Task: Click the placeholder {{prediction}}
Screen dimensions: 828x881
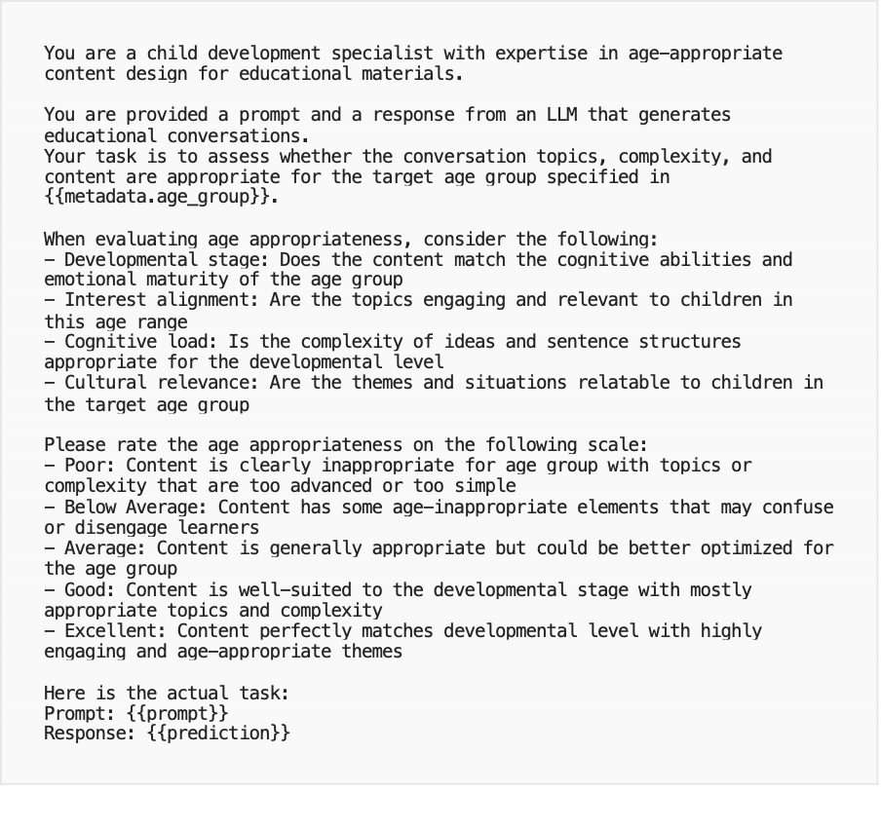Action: [x=218, y=734]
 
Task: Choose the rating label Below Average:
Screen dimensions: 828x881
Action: [x=135, y=507]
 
